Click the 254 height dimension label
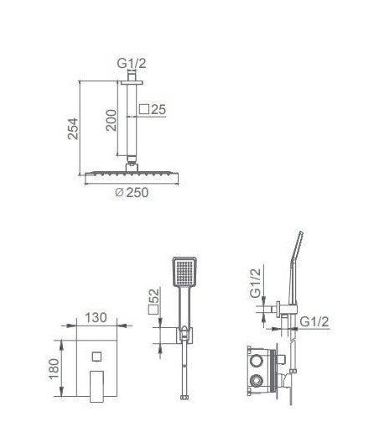73,128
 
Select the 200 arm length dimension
112,120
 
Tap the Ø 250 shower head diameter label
132,193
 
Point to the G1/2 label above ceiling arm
132,63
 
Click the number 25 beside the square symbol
158,109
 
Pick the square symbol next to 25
144,109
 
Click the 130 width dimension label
96,317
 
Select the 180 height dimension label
54,369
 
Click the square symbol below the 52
153,310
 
